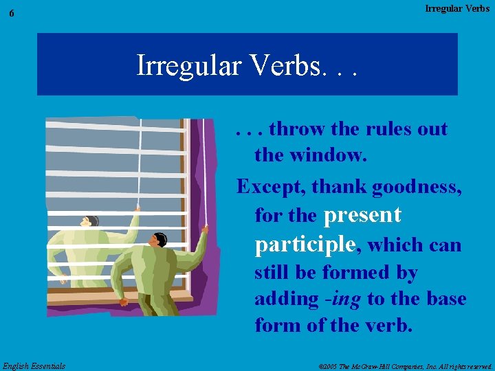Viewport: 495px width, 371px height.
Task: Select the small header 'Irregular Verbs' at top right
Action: (x=457, y=8)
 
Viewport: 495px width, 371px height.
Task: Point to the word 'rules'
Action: (x=388, y=128)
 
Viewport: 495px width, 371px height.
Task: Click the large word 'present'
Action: (x=362, y=215)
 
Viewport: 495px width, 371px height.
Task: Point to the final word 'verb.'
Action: (x=389, y=326)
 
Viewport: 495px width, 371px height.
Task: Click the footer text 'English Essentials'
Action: (x=34, y=366)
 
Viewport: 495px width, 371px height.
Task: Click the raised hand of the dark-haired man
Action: (x=203, y=229)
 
